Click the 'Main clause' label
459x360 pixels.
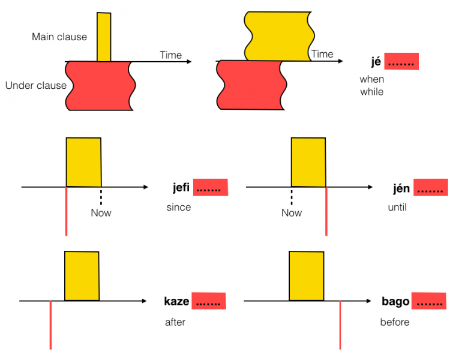[59, 37]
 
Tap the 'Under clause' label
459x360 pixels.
[36, 85]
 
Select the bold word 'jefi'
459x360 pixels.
[180, 188]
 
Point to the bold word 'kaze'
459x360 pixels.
[176, 301]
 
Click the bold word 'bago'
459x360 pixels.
[395, 301]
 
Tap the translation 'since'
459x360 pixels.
[179, 208]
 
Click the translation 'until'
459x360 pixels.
[397, 208]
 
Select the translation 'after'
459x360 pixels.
[175, 322]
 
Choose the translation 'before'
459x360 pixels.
[395, 322]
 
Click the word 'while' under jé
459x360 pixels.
[371, 92]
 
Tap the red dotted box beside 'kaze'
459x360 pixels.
[209, 301]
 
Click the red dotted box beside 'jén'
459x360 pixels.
[430, 188]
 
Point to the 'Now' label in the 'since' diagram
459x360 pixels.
[101, 213]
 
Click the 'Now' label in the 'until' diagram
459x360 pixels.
[292, 213]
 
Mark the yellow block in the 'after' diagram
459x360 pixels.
[82, 275]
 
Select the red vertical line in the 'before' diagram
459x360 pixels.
[340, 327]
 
